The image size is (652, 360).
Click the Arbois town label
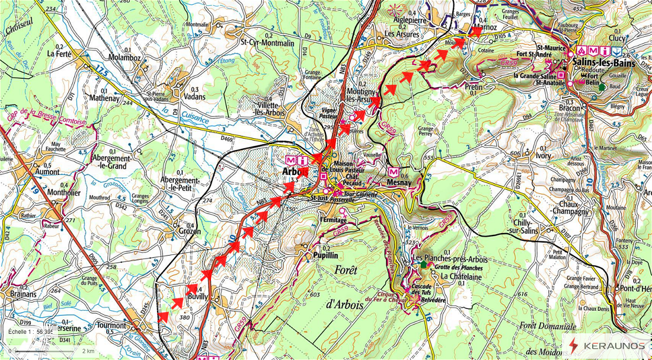295,172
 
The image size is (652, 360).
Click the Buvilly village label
198,297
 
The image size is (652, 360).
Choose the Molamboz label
125,58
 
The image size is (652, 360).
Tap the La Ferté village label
59,53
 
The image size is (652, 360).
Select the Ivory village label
543,155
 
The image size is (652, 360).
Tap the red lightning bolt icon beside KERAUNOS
573,345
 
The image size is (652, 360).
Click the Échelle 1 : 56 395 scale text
31,332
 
